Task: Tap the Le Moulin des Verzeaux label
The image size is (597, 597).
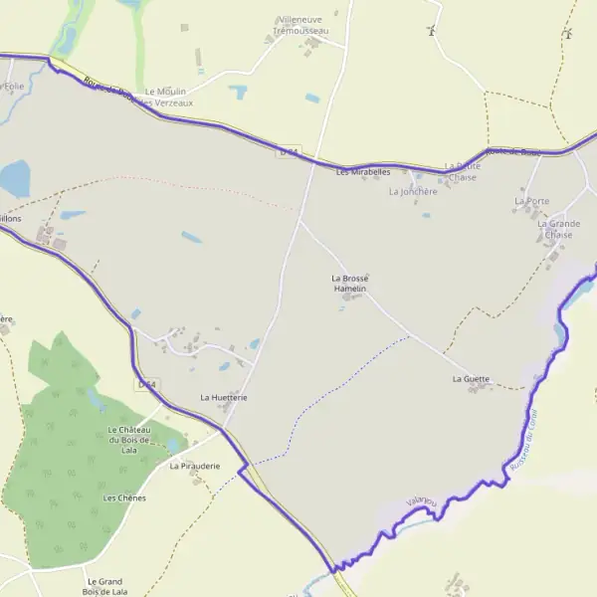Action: pos(165,97)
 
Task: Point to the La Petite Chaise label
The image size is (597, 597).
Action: pos(463,171)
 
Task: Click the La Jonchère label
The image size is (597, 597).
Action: pos(413,191)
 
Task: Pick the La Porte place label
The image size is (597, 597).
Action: pos(531,201)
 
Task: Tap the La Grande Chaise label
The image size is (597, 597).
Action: pos(558,229)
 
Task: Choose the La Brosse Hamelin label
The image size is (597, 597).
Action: pos(350,283)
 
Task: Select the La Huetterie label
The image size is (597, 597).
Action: pos(223,397)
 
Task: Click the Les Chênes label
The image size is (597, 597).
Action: pos(124,497)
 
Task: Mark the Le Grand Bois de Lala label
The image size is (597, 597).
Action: pos(106,586)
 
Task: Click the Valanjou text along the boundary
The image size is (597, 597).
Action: pos(422,503)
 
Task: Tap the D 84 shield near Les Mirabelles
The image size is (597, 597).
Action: pos(289,151)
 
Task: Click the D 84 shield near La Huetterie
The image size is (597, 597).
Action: pos(146,383)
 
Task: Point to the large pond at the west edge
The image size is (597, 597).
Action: pos(14,178)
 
